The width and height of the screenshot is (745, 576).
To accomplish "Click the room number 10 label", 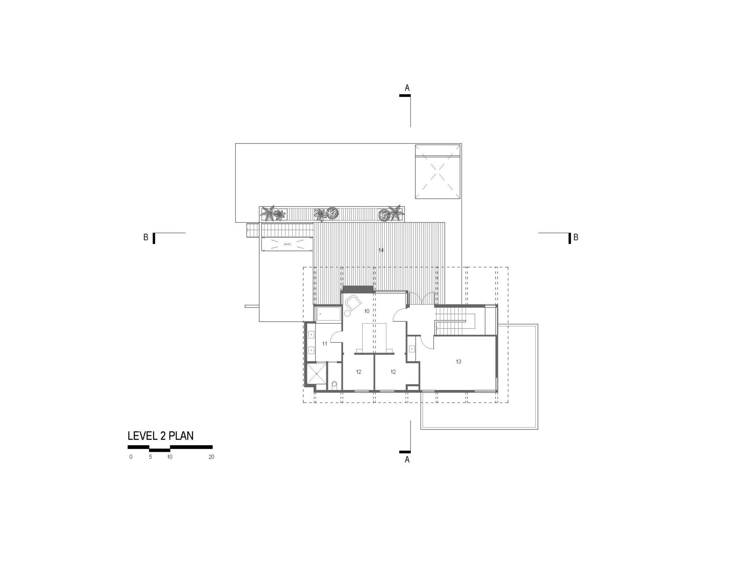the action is (367, 311).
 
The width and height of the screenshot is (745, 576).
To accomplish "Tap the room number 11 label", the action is (324, 343).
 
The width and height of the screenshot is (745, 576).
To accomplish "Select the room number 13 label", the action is (459, 361).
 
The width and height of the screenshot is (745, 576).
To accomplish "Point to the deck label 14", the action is (381, 250).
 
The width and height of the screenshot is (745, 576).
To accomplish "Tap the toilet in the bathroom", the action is (334, 384).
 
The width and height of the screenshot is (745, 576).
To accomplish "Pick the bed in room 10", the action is (374, 338).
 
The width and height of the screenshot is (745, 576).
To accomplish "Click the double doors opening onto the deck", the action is (422, 298).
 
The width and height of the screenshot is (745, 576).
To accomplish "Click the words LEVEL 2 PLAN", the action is (161, 436).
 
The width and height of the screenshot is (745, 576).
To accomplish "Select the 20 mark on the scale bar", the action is (211, 457).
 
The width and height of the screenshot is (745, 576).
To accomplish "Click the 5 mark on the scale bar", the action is (150, 457).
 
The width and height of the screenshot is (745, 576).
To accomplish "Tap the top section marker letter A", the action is (407, 88).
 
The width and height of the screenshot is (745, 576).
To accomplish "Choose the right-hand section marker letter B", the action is (576, 237).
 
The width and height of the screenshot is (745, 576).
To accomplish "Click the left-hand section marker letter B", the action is (146, 237).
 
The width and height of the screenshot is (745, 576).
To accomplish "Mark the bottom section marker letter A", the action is (407, 460).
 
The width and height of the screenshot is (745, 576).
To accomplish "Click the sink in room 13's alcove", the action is (412, 349).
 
